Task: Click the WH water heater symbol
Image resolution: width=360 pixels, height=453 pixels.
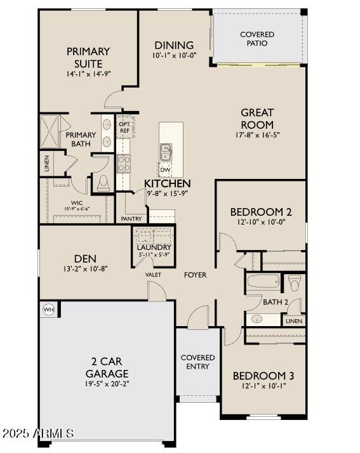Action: (x=48, y=309)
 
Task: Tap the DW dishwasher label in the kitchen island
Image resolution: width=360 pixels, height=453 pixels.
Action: (x=164, y=169)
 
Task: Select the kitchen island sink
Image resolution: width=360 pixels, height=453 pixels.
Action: (x=166, y=152)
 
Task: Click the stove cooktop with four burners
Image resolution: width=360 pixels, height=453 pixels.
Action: (x=123, y=163)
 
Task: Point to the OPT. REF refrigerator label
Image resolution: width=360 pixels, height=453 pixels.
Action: (x=124, y=128)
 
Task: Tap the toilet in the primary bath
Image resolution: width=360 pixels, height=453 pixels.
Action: (x=103, y=182)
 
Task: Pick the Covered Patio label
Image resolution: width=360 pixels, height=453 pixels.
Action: (x=257, y=39)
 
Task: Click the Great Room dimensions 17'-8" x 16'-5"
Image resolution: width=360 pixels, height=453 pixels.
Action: (x=257, y=135)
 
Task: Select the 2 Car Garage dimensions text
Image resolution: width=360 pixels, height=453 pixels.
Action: (x=107, y=384)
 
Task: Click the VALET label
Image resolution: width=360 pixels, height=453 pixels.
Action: (x=153, y=275)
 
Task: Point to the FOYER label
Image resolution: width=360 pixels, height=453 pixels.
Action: (x=195, y=275)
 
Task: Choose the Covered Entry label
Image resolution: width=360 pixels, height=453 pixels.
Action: (x=197, y=362)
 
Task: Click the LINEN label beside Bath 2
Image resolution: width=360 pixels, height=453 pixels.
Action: (x=294, y=321)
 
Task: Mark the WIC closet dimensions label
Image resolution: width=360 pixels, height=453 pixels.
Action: (x=76, y=208)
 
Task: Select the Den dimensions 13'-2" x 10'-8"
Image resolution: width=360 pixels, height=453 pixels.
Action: (x=85, y=269)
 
